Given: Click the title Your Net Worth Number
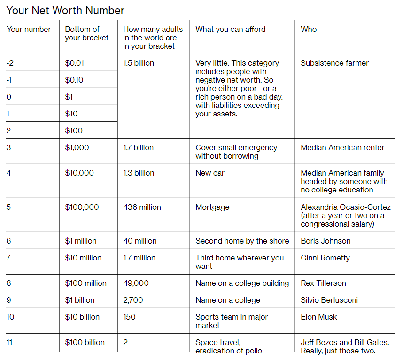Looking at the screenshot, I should point(65,10).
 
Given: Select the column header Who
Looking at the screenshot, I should point(309,29).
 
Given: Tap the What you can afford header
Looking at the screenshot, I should point(230,29).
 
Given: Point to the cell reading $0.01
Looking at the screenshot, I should point(75,63).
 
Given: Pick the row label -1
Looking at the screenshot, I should point(9,80).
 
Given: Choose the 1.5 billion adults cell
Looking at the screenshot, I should point(139,63).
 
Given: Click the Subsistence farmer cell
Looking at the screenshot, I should point(334,63).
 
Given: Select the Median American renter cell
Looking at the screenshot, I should point(342,147).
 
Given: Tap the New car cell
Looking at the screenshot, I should point(210,173).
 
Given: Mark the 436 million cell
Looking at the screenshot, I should point(142,207).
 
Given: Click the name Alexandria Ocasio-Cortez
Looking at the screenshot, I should point(346,207).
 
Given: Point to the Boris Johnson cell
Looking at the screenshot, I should point(325,241).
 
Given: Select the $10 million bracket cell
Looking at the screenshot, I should point(83,258).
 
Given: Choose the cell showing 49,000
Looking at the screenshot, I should point(136,283).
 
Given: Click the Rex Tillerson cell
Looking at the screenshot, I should point(323,283).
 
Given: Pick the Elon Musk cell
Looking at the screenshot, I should point(319,317).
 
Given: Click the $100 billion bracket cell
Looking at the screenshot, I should point(85,342).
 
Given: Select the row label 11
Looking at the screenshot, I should point(10,342).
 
